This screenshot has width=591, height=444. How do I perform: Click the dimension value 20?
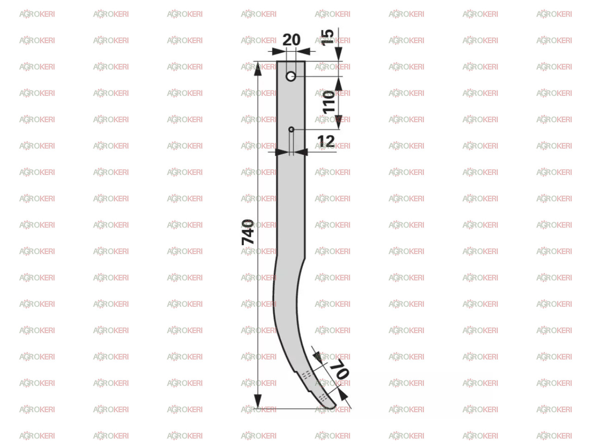pos(291,40)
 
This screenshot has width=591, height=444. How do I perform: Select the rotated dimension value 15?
pos(327,37)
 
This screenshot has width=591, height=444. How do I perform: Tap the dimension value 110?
pos(329,102)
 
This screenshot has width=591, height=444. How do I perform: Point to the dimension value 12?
pos(326,141)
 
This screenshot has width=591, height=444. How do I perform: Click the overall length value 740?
pos(247,232)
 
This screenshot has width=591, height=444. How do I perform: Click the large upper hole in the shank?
pos(290,77)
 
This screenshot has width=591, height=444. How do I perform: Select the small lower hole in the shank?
pos(291,129)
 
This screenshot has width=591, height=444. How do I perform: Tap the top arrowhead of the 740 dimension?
pos(258,69)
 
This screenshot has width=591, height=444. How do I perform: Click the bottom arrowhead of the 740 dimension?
pos(258,401)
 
